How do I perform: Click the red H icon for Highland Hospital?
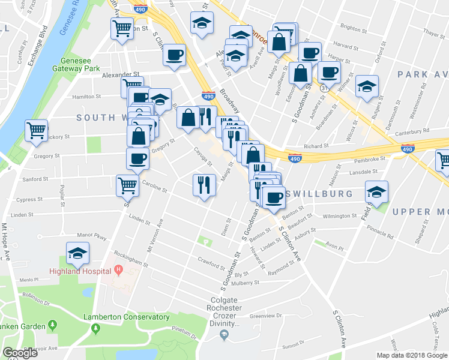pyautogui.click(x=119, y=269)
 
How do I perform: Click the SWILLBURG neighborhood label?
pyautogui.click(x=319, y=194)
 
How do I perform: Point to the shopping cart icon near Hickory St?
pyautogui.click(x=37, y=129)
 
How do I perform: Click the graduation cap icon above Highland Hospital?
pyautogui.click(x=77, y=254)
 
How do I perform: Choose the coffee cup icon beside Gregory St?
pyautogui.click(x=137, y=158)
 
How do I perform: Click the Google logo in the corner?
pyautogui.click(x=19, y=353)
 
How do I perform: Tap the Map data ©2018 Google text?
pyautogui.click(x=411, y=355)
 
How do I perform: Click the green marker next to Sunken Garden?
pyautogui.click(x=53, y=326)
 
